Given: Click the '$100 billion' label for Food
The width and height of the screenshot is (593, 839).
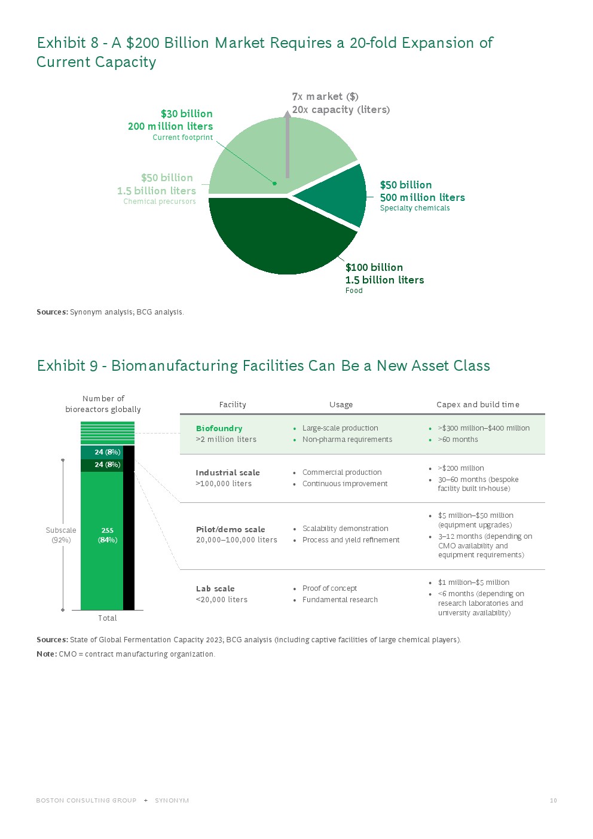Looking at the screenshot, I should (x=374, y=267).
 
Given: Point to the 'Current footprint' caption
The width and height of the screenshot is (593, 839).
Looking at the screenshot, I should (x=182, y=138).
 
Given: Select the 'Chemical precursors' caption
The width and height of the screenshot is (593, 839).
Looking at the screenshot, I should (x=160, y=202).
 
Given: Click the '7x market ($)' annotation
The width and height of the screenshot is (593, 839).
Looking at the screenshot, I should (x=325, y=96).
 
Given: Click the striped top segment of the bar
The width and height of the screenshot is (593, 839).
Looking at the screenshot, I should (x=108, y=433).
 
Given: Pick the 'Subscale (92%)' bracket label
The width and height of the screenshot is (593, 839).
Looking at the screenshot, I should (x=61, y=535).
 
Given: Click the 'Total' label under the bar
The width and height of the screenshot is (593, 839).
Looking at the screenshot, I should (x=108, y=618).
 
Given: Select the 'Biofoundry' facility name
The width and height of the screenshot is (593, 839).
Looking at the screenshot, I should (x=219, y=428).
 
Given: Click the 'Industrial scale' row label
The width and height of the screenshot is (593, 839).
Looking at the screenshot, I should (x=228, y=472).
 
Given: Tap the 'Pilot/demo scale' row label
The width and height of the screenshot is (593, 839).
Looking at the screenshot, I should (x=230, y=529).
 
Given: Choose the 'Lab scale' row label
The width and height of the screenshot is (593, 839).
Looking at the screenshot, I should (x=215, y=588).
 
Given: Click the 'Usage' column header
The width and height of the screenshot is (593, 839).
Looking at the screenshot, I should (x=341, y=405).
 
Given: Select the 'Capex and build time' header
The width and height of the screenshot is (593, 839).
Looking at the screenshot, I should (x=478, y=405).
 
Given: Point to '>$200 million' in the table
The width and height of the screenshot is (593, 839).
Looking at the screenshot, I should (x=461, y=468).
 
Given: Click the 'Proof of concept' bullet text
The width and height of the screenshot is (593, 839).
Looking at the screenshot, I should (x=329, y=588).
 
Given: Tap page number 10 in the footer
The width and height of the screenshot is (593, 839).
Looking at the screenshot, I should (x=553, y=801).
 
